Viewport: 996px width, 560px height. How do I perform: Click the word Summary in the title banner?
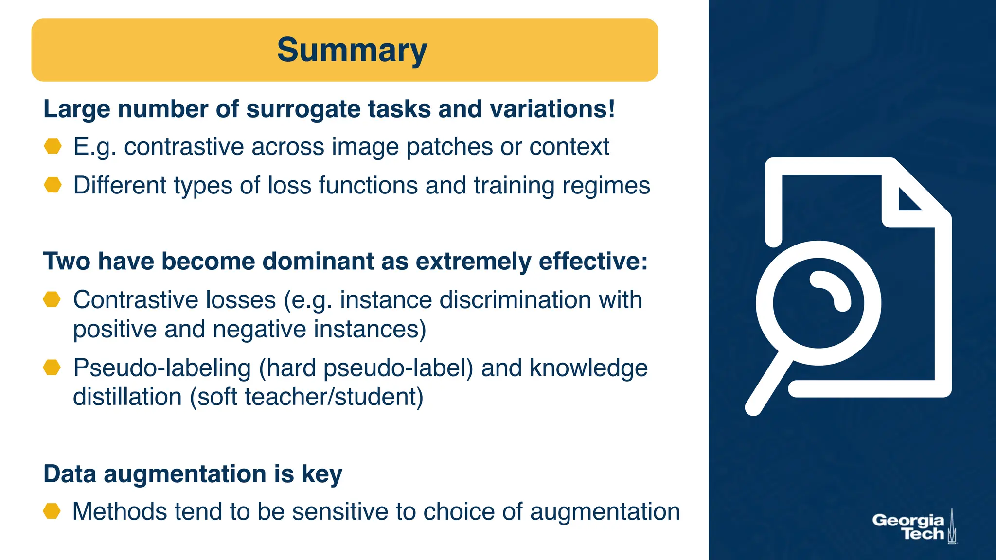coord(352,50)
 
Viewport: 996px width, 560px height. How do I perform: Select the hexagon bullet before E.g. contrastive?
coord(53,146)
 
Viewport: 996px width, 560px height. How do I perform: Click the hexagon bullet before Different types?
coord(53,185)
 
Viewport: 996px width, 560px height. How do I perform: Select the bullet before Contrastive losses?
coord(52,299)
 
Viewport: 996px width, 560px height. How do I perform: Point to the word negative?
coord(259,329)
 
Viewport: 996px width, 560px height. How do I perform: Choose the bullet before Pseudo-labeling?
coord(52,367)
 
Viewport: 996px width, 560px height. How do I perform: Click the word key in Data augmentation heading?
coord(322,474)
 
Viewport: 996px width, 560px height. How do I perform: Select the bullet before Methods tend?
coord(52,511)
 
